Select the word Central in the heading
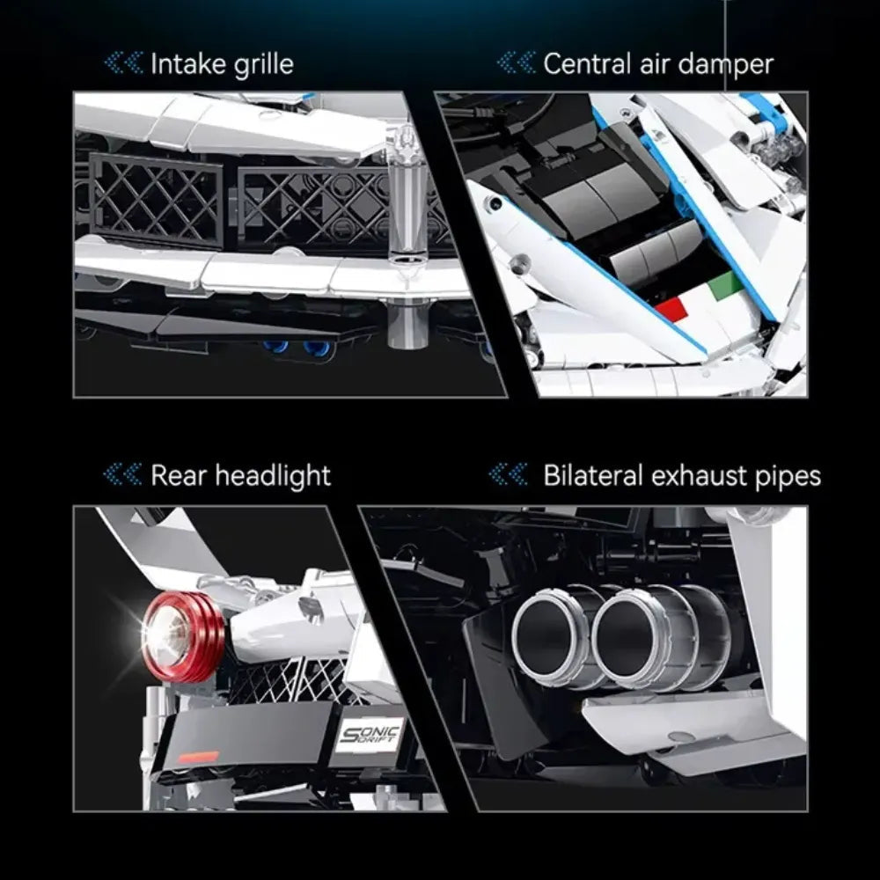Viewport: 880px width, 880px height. (x=587, y=63)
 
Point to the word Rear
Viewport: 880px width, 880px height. (x=179, y=475)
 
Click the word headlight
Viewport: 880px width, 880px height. (x=274, y=476)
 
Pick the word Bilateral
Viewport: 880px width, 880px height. (x=592, y=475)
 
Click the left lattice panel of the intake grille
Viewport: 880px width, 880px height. (x=156, y=201)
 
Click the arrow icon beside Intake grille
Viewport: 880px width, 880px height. (x=123, y=62)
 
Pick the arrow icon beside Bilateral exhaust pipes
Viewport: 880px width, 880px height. (x=509, y=475)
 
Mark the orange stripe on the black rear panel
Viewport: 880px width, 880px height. (x=198, y=757)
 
